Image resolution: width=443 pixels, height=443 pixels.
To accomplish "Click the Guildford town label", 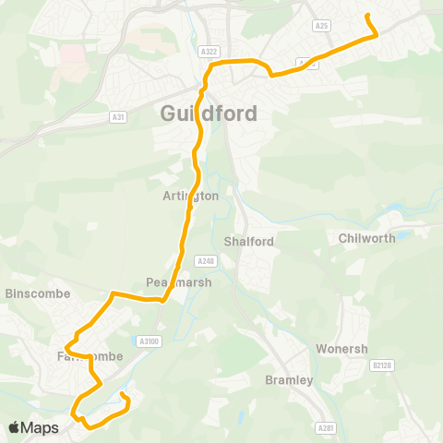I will coord(210,114).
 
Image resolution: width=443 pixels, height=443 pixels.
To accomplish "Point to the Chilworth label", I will coord(366,238).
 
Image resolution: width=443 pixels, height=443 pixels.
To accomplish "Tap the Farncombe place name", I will coord(83,356).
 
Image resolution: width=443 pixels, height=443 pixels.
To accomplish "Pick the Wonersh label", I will coord(341,350).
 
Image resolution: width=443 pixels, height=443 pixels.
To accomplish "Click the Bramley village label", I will coord(289,379).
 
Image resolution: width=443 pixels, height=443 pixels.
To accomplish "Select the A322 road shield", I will coord(210,52).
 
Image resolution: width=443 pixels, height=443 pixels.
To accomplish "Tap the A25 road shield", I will coord(322,27).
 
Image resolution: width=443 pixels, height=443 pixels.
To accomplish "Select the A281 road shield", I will coord(325,428).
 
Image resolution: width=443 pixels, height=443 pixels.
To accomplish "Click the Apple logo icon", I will coord(15,427).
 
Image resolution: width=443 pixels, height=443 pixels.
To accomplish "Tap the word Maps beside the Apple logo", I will coord(41,428).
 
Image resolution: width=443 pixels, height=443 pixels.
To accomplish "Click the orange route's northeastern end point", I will coord(367,16).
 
